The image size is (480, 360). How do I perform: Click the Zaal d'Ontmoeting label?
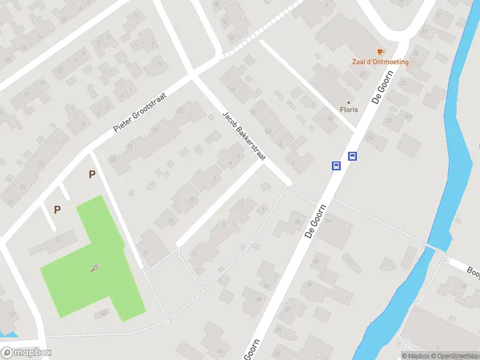click(380, 62)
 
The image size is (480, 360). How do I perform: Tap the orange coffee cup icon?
click(380, 52)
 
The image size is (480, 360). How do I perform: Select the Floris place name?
click(349, 110)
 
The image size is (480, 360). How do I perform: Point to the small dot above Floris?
click(349, 102)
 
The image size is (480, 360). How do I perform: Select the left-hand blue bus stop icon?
click(337, 166)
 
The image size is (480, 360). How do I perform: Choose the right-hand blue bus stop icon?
click(353, 157)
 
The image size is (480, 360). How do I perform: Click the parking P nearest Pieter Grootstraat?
click(92, 175)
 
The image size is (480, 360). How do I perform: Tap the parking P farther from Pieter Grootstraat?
click(57, 209)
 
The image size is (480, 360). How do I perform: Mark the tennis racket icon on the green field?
click(95, 268)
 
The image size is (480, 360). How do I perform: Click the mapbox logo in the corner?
click(26, 353)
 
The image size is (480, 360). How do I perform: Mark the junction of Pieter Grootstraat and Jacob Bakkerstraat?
click(193, 75)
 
